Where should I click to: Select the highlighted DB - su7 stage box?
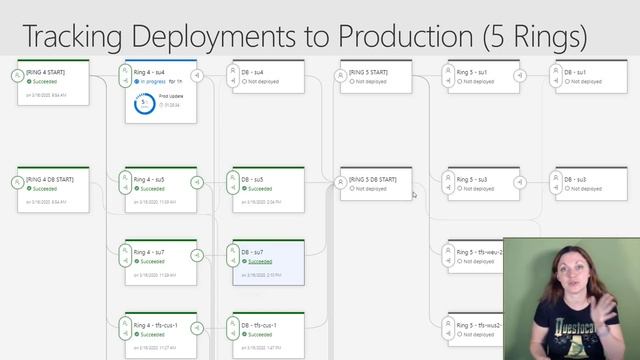pyautogui.click(x=268, y=262)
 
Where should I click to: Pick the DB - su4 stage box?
pyautogui.click(x=268, y=78)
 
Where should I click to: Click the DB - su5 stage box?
pyautogui.click(x=268, y=189)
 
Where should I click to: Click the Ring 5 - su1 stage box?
pyautogui.click(x=483, y=78)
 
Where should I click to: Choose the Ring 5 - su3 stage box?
pyautogui.click(x=483, y=184)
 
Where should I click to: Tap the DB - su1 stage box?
pyautogui.click(x=590, y=78)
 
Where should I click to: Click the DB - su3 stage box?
pyautogui.click(x=590, y=184)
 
